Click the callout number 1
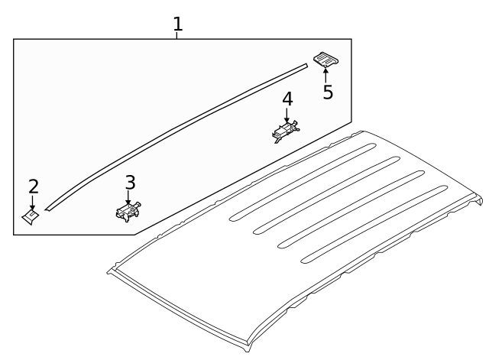[178, 24]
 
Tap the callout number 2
[34, 186]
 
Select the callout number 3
[131, 183]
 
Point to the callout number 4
[287, 99]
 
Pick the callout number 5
[328, 92]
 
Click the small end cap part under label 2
[31, 217]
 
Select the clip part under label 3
[128, 212]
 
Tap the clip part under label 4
[286, 131]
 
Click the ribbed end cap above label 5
[326, 60]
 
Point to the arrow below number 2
[32, 203]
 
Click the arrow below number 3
[128, 198]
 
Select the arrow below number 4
[287, 115]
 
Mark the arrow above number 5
[325, 75]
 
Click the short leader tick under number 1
[176, 36]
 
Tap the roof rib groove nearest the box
[303, 182]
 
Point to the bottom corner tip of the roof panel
[248, 352]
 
